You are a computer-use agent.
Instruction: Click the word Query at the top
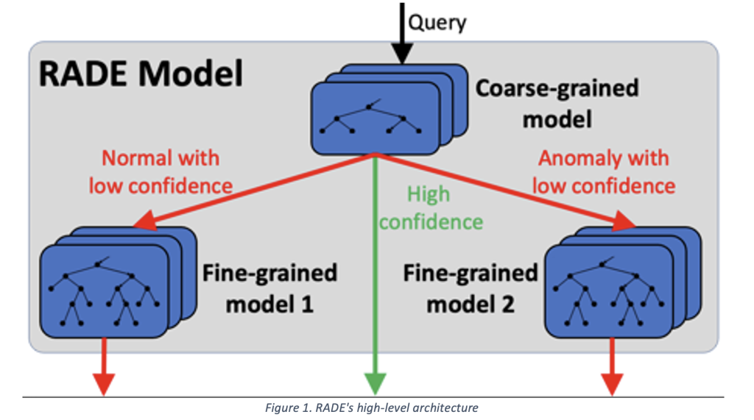437,22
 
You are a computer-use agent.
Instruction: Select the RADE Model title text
141,74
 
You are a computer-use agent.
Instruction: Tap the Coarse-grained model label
557,102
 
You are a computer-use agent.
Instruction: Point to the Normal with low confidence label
161,171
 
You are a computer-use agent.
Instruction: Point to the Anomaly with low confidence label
603,171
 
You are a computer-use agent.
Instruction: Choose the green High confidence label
431,207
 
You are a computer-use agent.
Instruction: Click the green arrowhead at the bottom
376,382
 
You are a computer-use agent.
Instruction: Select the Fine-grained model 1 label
269,288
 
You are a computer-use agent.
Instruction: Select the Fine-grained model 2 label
471,288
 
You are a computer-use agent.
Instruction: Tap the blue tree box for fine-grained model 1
103,291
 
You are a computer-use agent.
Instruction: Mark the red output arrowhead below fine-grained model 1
104,382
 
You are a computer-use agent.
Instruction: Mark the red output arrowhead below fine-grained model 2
612,382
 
